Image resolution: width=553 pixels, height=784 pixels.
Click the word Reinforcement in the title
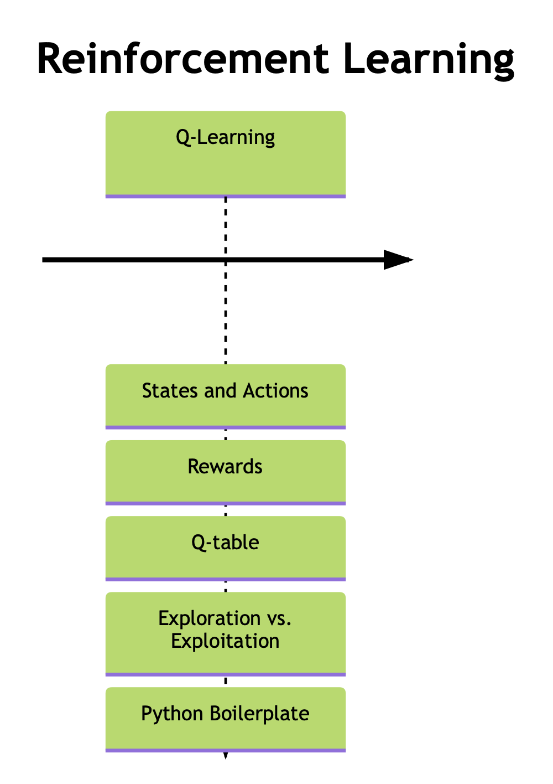(x=182, y=59)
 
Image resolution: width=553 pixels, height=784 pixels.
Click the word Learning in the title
(x=429, y=59)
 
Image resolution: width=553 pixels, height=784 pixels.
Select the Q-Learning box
(x=226, y=153)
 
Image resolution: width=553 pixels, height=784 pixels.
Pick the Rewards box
(x=226, y=472)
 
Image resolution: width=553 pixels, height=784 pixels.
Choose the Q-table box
(x=226, y=548)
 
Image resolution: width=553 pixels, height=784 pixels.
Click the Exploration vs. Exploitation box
(x=226, y=633)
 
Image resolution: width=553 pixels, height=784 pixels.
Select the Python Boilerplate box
(x=226, y=718)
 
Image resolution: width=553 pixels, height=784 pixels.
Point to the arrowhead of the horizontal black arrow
(x=398, y=260)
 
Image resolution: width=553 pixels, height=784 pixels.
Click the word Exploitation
(x=225, y=641)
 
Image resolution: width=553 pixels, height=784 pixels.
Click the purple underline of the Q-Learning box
(x=226, y=196)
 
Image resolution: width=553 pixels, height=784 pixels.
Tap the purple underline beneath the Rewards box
(x=226, y=503)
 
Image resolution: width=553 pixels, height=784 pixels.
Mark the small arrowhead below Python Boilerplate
(x=226, y=755)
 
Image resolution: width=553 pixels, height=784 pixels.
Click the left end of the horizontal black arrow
(x=44, y=260)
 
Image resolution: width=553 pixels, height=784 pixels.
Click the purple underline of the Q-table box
(x=226, y=579)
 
